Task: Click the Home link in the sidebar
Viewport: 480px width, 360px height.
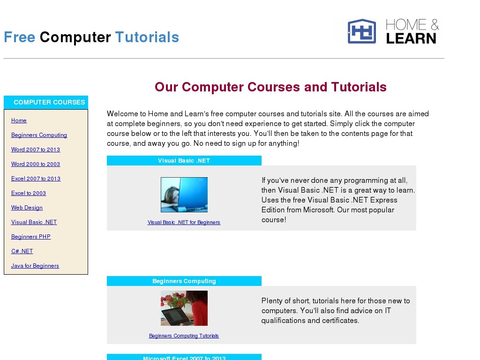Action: (19, 120)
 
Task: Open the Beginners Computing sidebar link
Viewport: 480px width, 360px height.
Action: (39, 135)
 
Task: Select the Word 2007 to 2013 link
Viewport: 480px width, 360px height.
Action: (36, 150)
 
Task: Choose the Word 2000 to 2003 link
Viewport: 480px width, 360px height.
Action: (36, 164)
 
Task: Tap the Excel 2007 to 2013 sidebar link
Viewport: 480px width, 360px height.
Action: (36, 179)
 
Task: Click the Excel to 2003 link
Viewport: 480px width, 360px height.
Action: (29, 193)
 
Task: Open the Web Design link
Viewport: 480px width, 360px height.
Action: (27, 208)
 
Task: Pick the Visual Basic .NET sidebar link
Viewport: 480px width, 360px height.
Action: (34, 222)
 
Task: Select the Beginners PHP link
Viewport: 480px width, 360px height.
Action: (31, 237)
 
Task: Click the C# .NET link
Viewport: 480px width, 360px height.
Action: (22, 251)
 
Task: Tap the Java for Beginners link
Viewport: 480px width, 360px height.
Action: (35, 266)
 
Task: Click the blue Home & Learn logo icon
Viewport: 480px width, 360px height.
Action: (362, 31)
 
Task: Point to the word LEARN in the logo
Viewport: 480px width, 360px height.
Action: (411, 38)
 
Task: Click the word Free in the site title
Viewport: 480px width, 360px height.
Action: (20, 37)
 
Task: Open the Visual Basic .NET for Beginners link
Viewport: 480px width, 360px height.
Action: (184, 222)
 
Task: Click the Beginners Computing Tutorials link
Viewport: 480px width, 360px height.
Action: (184, 336)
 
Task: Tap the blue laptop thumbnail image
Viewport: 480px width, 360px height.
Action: (184, 195)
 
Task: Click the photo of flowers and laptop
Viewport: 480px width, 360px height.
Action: (184, 308)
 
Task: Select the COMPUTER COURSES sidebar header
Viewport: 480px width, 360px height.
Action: (46, 102)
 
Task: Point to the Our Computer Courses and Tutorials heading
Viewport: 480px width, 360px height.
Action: (270, 87)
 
